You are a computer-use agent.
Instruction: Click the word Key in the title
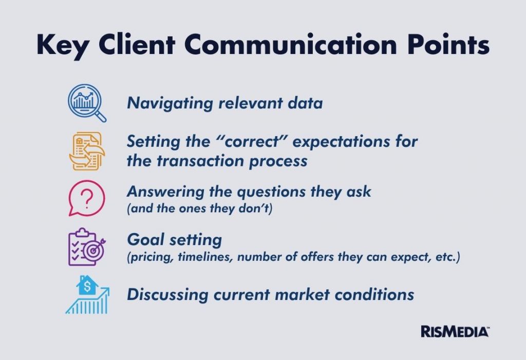click(62, 45)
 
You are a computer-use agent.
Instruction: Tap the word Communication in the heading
click(291, 44)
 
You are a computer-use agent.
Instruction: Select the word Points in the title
click(448, 44)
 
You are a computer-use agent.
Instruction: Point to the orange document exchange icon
click(87, 151)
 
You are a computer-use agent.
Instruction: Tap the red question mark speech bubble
click(86, 198)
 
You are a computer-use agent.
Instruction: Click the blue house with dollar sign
click(87, 285)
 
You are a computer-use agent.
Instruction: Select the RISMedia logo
click(455, 332)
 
